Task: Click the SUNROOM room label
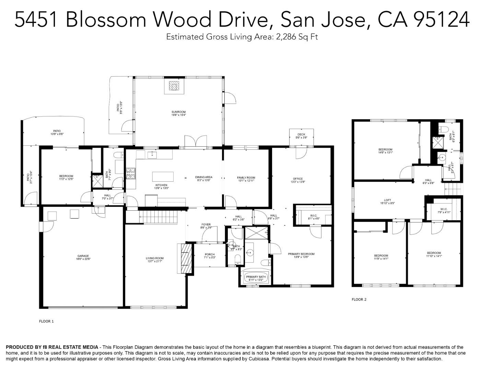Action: point(178,112)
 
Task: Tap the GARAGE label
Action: point(83,256)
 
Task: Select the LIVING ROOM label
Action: point(154,258)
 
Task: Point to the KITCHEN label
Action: point(161,185)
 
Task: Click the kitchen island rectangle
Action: point(163,176)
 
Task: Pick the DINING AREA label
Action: point(204,177)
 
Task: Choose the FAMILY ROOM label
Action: point(246,178)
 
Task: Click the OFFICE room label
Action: point(298,179)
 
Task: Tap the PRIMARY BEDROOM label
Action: point(301,254)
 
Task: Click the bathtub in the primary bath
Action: point(256,277)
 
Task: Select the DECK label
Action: point(301,134)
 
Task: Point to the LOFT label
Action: point(387,200)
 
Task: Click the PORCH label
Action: point(209,255)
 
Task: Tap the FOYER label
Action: point(206,225)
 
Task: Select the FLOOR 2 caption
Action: point(359,299)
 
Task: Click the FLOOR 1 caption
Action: point(46,321)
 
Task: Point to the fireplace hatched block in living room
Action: point(185,258)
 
